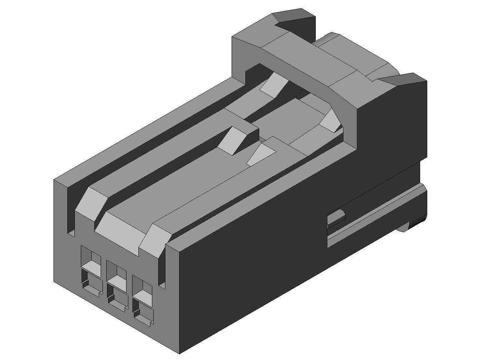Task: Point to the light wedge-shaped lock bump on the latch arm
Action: coord(234,141)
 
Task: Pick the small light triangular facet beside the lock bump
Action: coord(261,154)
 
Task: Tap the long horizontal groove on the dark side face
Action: coord(374,221)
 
